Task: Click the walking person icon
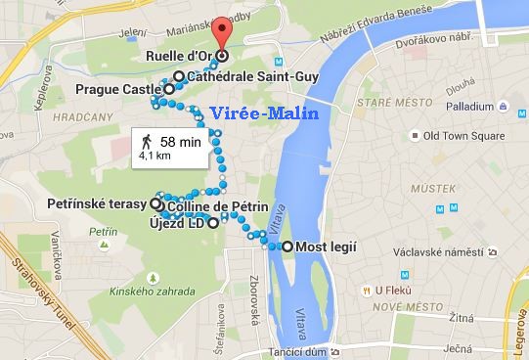pos(146,142)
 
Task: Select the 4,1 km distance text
pos(155,155)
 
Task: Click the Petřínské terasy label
pos(97,204)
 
